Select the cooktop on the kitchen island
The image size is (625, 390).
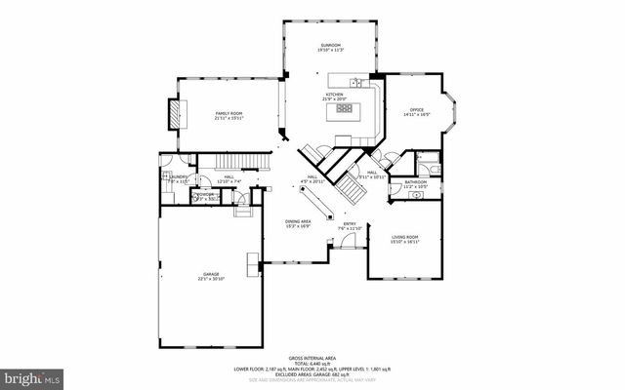click(344, 109)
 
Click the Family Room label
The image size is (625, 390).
click(229, 114)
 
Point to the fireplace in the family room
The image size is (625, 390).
click(175, 113)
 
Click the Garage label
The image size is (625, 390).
click(211, 274)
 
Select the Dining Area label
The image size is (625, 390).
click(298, 221)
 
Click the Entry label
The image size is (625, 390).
click(350, 223)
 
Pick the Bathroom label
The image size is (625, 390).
click(416, 181)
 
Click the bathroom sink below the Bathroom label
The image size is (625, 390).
click(417, 194)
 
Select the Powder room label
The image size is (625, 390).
click(205, 194)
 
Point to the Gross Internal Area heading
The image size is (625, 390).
click(313, 357)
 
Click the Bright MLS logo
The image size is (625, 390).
click(32, 375)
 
